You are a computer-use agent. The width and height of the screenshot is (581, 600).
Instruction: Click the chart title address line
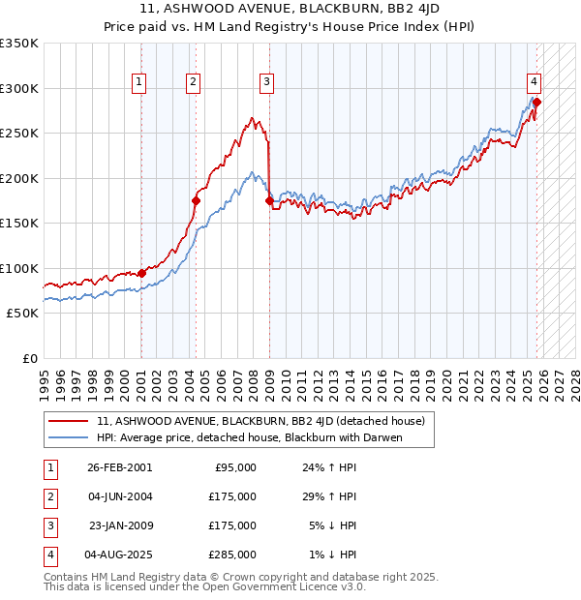[290, 11]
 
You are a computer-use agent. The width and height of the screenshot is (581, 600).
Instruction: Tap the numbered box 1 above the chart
[140, 82]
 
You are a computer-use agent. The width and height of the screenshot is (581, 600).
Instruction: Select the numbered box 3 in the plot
[265, 82]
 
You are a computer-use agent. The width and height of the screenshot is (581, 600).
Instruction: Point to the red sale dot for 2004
[196, 201]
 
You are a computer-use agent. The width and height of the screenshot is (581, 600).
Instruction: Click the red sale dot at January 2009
[269, 201]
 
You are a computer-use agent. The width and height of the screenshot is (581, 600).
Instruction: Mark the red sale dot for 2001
[141, 273]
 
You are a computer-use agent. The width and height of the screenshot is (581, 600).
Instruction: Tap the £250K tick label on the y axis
[19, 134]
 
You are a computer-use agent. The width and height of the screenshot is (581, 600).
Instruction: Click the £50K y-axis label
[22, 314]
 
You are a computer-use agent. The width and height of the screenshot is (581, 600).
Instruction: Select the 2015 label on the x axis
[366, 378]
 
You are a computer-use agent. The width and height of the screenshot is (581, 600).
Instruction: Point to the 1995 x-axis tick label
[44, 378]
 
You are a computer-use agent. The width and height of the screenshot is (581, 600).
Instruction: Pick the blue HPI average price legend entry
[249, 437]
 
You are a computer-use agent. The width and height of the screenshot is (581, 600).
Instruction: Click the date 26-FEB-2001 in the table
[119, 467]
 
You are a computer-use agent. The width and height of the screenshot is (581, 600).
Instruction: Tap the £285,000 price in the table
[232, 555]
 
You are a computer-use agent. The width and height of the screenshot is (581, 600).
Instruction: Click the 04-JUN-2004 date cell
[119, 496]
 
